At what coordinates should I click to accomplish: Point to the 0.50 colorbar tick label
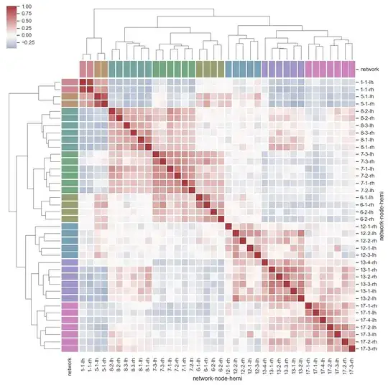[x=27, y=20]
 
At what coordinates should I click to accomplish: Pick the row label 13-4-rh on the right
[x=366, y=264]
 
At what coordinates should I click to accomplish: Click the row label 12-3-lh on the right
[x=366, y=255]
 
